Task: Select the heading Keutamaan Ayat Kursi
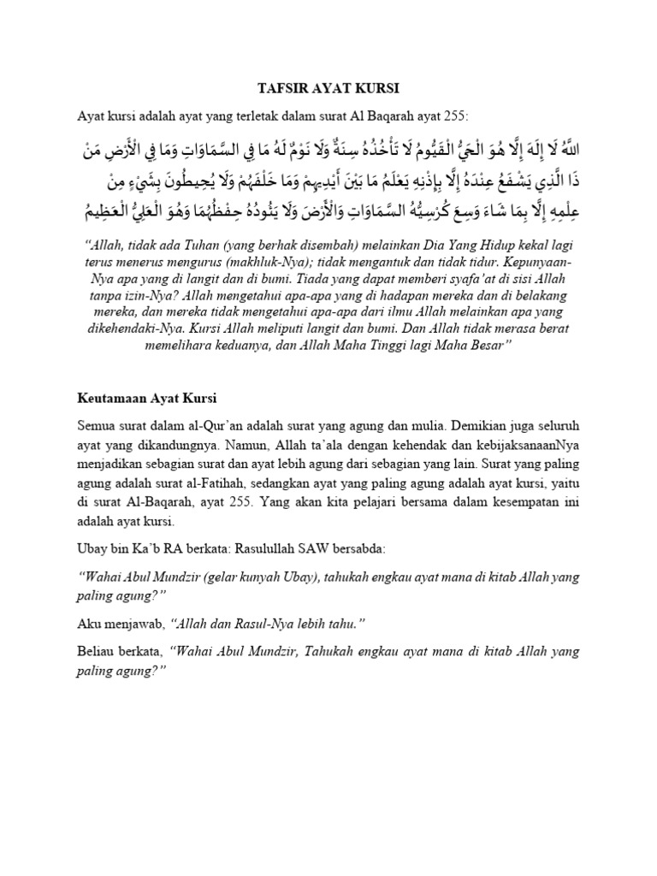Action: [147, 398]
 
